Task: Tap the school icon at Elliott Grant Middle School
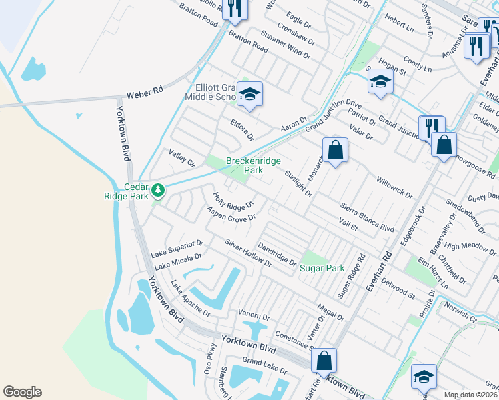coord(249,94)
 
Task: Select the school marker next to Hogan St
coord(380,83)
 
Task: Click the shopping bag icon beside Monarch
coord(335,149)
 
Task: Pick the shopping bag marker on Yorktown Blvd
coord(324,361)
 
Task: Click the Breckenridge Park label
coord(254,165)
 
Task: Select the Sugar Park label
coord(322,268)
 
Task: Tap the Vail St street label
coord(348,224)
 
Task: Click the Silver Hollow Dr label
coord(248,253)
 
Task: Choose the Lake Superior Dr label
coord(177,248)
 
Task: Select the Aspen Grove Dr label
coord(231,215)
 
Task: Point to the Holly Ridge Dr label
coord(233,199)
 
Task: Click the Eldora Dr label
coord(242,131)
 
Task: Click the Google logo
coord(22,392)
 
